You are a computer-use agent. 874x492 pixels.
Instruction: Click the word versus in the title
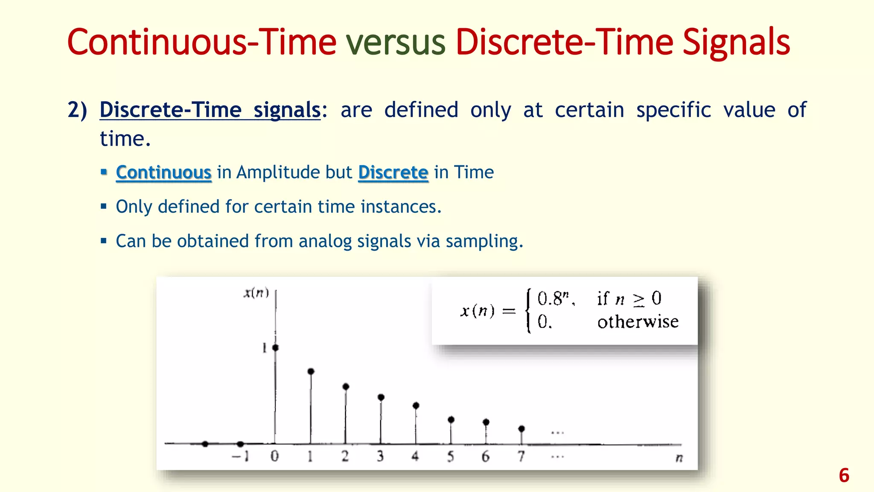pos(396,42)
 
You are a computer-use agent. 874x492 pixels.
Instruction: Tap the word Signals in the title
pos(736,42)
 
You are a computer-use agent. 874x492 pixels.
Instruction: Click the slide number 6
pos(844,475)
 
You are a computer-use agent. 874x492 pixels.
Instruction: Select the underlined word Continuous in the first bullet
pos(163,173)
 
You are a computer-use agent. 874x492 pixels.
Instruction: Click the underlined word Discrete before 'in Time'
pos(393,173)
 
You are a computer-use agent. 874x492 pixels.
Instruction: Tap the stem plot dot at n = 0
pos(275,348)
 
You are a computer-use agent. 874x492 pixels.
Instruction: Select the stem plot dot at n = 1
pos(311,372)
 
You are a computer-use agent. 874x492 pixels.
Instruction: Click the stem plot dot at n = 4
pos(416,405)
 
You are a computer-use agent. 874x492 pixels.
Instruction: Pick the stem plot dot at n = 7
pos(521,428)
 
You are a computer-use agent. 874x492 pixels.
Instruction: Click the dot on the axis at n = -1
pos(240,444)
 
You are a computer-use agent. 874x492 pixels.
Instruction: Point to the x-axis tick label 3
pos(380,457)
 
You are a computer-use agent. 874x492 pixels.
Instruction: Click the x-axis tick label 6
pos(486,457)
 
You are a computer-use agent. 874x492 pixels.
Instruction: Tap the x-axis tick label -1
pos(240,457)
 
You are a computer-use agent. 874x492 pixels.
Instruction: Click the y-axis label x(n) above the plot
pos(256,293)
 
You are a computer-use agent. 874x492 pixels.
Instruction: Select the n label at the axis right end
pos(679,458)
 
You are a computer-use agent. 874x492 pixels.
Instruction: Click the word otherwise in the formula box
pos(638,322)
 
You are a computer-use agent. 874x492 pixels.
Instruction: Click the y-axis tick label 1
pos(264,348)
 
